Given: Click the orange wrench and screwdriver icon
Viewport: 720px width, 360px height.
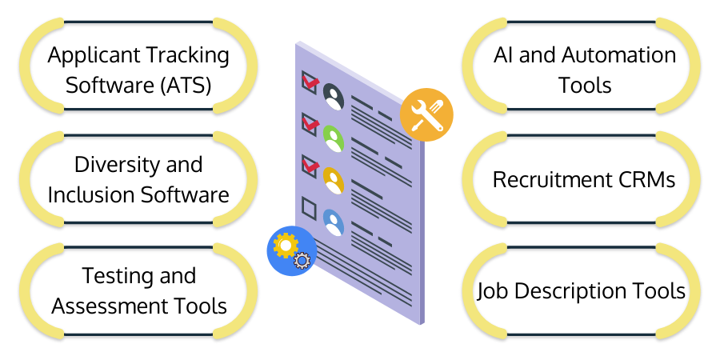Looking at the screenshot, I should click(426, 114).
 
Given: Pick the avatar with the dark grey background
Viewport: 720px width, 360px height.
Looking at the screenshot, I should click(334, 98).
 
